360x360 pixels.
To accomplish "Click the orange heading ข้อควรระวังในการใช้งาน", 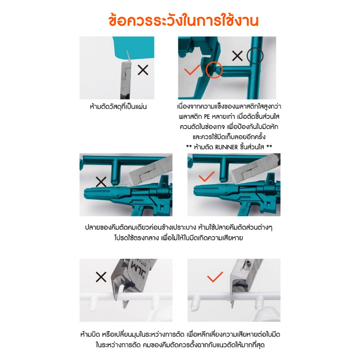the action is (x=184, y=21).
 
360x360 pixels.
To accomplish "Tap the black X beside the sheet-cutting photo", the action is (x=143, y=70).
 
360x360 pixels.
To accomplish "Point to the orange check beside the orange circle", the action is (x=192, y=70).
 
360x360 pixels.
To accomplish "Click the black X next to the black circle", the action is (x=237, y=56).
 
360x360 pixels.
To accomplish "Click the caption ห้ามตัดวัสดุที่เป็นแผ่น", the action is (x=118, y=107).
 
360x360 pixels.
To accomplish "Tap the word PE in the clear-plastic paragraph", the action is (x=207, y=117).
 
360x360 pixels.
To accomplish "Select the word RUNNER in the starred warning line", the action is (x=226, y=147).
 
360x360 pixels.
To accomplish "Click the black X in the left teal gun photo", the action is (x=101, y=182).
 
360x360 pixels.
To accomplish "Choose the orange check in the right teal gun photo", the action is (x=207, y=176).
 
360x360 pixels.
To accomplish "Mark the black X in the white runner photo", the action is (x=101, y=277).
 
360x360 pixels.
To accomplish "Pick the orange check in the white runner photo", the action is (x=215, y=277).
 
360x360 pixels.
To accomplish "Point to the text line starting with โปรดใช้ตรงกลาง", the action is (x=179, y=238).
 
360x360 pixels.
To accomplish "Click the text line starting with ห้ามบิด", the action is (x=180, y=335).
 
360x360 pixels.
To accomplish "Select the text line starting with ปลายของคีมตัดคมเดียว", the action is (x=179, y=227).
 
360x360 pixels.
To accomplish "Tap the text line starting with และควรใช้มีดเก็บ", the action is (x=229, y=137).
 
